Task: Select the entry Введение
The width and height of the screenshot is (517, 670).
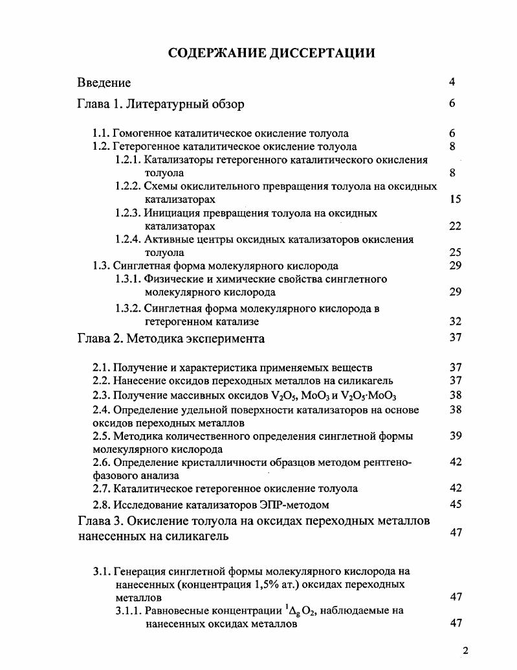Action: [104, 82]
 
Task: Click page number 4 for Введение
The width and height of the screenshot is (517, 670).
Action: [452, 82]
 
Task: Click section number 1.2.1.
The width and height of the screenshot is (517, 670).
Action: [128, 160]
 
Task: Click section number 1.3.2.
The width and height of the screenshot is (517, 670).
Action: [128, 308]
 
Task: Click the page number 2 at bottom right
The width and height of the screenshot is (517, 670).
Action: [465, 651]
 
